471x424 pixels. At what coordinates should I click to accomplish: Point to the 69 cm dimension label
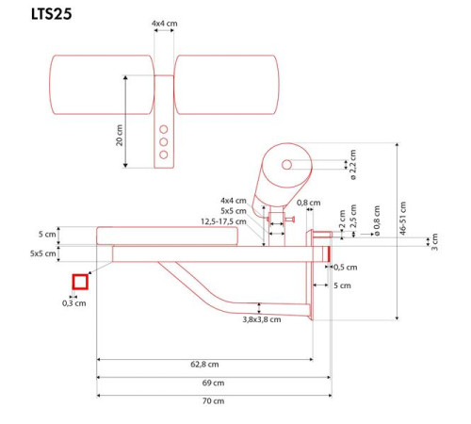coord(212,383)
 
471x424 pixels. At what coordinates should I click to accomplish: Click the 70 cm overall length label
coord(214,401)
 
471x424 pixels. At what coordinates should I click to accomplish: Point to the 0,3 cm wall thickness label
coord(73,302)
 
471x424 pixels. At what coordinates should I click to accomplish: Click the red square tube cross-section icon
coord(80,281)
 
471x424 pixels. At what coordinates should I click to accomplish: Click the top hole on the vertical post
coord(164,129)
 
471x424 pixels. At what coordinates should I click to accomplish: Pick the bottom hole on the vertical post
coord(164,155)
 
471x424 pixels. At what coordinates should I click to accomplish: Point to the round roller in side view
coord(286,166)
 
